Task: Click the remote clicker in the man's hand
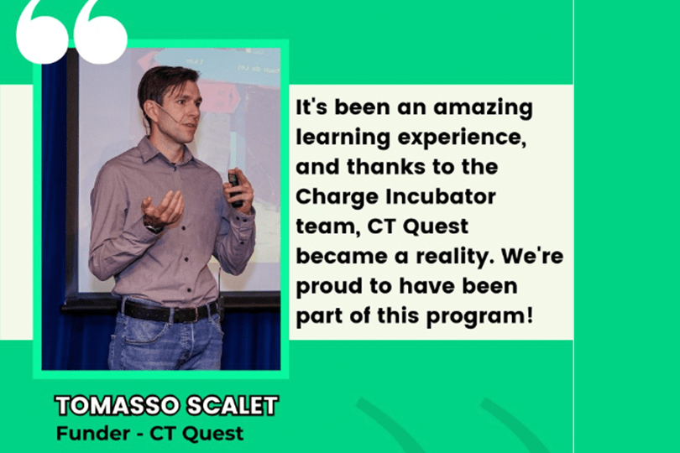point(234,189)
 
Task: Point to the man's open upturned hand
point(163,209)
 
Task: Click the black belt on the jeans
point(169,311)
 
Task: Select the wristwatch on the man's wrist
point(154,228)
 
